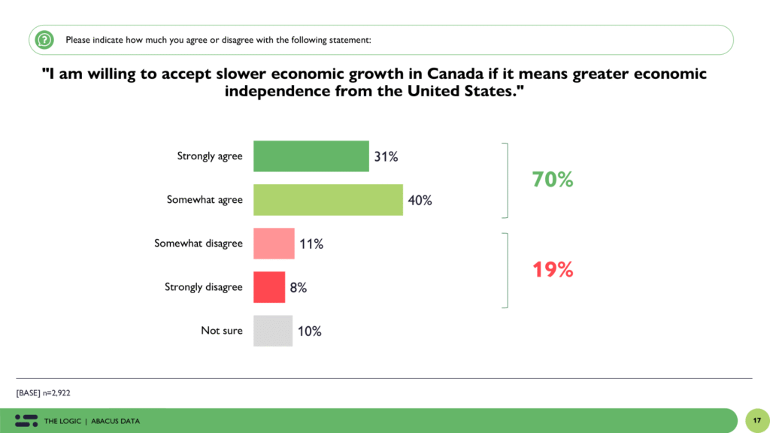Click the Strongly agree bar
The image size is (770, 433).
pyautogui.click(x=311, y=156)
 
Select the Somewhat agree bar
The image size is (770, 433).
pyautogui.click(x=328, y=200)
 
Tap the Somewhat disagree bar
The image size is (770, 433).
pyautogui.click(x=274, y=244)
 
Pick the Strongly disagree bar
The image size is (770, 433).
pyautogui.click(x=269, y=287)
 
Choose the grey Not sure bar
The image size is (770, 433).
pyautogui.click(x=273, y=331)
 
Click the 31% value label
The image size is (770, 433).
pyautogui.click(x=386, y=157)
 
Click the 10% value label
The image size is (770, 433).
pyautogui.click(x=309, y=331)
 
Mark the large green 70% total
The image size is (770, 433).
pyautogui.click(x=553, y=180)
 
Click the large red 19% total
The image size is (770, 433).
pyautogui.click(x=553, y=270)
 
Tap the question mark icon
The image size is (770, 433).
pyautogui.click(x=45, y=40)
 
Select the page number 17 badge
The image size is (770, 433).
pyautogui.click(x=756, y=420)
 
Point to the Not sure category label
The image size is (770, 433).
pyautogui.click(x=222, y=331)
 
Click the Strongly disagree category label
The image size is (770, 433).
pyautogui.click(x=204, y=287)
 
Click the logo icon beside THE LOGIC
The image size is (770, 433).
pyautogui.click(x=26, y=420)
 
